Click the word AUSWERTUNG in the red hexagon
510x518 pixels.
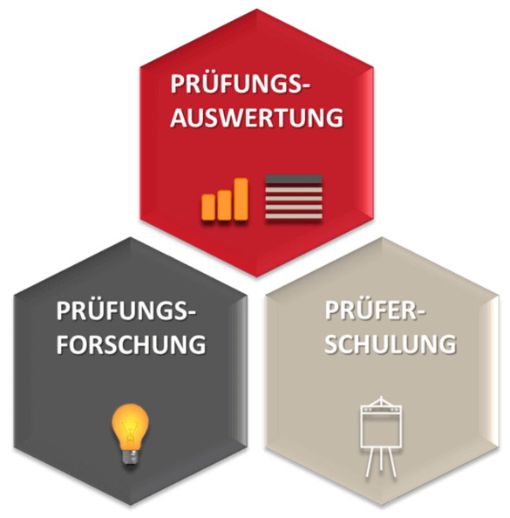pyautogui.click(x=256, y=117)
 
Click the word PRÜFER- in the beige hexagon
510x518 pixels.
pyautogui.click(x=375, y=310)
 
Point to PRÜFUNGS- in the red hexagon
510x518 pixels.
pyautogui.click(x=241, y=83)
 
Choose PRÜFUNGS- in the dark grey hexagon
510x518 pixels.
pyautogui.click(x=126, y=310)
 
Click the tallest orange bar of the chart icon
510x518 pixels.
pyautogui.click(x=241, y=199)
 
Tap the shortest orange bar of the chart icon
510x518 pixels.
pyautogui.click(x=208, y=208)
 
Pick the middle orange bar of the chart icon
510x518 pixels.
pyautogui.click(x=225, y=205)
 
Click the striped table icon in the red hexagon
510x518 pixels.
pyautogui.click(x=294, y=197)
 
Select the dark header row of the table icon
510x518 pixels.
pyautogui.click(x=294, y=179)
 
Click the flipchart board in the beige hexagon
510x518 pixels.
pyautogui.click(x=381, y=427)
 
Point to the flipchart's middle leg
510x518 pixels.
pyautogui.click(x=381, y=460)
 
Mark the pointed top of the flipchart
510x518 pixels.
pyautogui.click(x=381, y=397)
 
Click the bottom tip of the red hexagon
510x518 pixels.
pyautogui.click(x=256, y=276)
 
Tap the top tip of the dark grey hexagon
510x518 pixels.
pyautogui.click(x=131, y=237)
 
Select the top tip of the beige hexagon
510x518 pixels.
pyautogui.click(x=383, y=237)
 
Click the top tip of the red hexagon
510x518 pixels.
pyautogui.click(x=256, y=10)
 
